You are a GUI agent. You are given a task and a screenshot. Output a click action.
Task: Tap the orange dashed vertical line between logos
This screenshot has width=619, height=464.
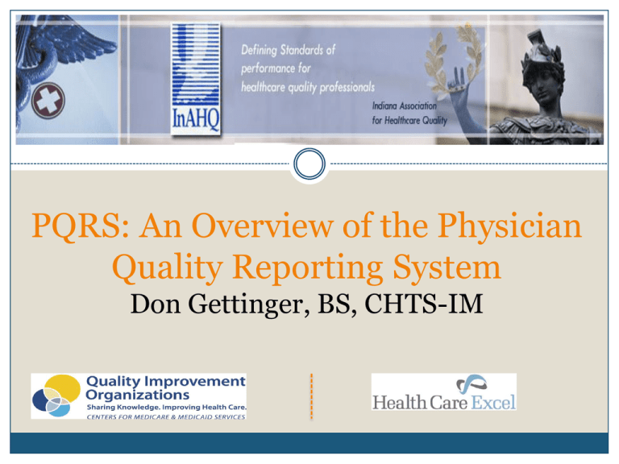(x=309, y=397)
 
